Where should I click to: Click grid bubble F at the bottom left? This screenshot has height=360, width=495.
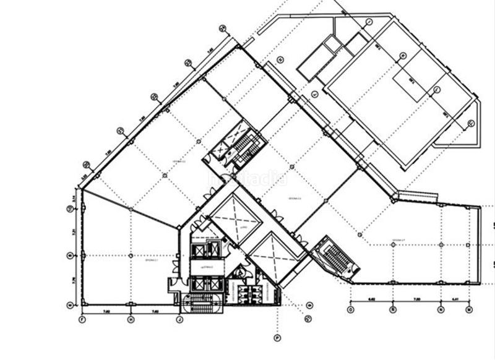click(82, 319)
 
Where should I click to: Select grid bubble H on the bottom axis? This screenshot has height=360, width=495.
click(131, 319)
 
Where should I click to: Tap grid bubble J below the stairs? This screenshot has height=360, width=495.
click(179, 319)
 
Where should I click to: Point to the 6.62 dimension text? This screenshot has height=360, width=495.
click(371, 299)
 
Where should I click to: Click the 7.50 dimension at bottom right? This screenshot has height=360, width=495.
click(416, 299)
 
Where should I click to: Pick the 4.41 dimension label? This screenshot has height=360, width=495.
click(455, 299)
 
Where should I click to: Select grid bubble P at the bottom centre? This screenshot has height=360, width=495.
click(277, 338)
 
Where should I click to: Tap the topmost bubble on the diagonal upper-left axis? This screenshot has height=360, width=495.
click(223, 28)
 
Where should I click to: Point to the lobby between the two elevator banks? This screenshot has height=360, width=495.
click(205, 267)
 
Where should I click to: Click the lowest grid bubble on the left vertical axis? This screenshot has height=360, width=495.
click(69, 304)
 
